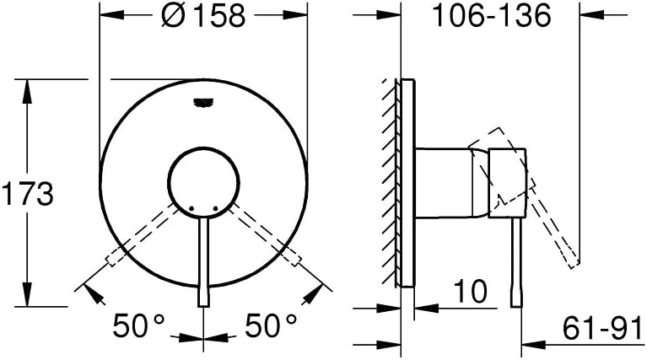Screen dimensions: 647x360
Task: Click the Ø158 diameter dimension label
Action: [203, 17]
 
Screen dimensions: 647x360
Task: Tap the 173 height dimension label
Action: [28, 194]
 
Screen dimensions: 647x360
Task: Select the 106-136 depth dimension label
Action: [491, 16]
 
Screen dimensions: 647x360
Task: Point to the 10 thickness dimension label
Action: [471, 291]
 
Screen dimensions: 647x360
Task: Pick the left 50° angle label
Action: [139, 325]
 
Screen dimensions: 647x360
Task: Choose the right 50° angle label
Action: [271, 325]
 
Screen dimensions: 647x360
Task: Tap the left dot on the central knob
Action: [191, 208]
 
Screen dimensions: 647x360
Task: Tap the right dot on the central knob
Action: [215, 208]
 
